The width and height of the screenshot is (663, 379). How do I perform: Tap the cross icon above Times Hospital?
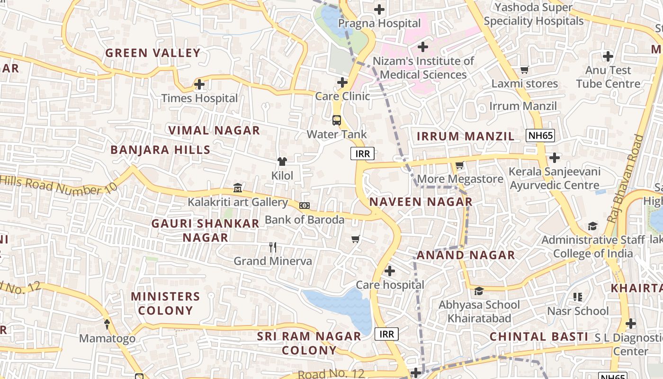pos(199,85)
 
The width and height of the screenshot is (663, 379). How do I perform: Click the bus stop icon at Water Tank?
pos(337,120)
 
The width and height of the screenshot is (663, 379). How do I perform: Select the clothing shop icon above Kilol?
pos(282,162)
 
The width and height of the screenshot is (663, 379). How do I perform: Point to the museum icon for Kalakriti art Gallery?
pos(238,188)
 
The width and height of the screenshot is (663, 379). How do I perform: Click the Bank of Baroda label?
pos(304,219)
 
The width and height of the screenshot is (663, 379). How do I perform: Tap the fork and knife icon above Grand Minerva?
pos(273,247)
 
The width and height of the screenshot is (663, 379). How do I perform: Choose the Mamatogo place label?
pos(107,338)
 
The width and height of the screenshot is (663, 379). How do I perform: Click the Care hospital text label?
pos(390,285)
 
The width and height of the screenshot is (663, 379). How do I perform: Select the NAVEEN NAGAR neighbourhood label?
pos(421,202)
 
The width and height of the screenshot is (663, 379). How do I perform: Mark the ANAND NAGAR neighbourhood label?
pos(466,255)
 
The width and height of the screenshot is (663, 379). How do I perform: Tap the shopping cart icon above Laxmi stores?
pos(524,70)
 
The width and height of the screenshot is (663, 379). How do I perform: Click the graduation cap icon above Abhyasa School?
pos(479,291)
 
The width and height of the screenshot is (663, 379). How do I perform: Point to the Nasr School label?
pos(578,311)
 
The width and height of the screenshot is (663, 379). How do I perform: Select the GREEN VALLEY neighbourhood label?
pos(152,53)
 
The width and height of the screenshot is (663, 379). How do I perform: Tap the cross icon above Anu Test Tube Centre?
pos(608,56)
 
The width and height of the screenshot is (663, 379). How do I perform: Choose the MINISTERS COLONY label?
pos(165,303)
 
